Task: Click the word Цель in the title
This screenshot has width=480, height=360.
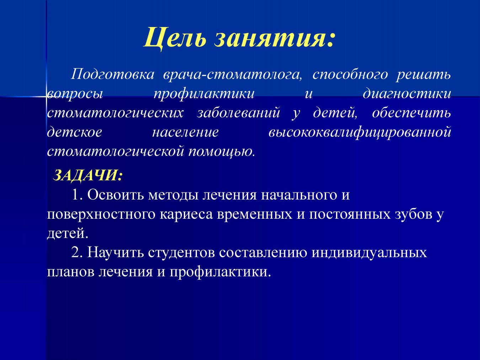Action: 175,37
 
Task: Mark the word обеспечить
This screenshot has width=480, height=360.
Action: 411,113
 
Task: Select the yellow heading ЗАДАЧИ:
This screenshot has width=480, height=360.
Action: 87,175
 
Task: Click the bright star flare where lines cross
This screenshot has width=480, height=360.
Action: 47,96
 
